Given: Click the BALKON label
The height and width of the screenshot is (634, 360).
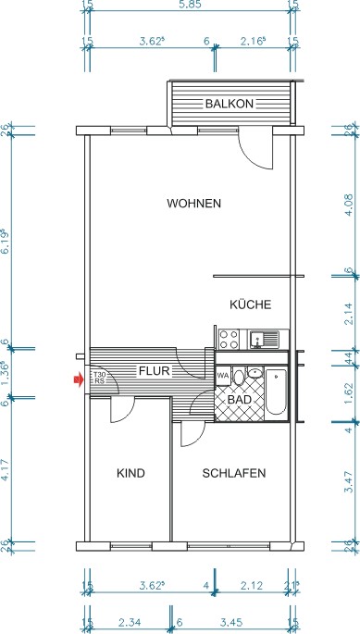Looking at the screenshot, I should pyautogui.click(x=229, y=104).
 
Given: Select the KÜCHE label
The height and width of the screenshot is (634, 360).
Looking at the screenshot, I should pyautogui.click(x=249, y=304).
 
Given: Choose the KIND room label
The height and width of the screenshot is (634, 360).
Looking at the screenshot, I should pyautogui.click(x=130, y=474).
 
